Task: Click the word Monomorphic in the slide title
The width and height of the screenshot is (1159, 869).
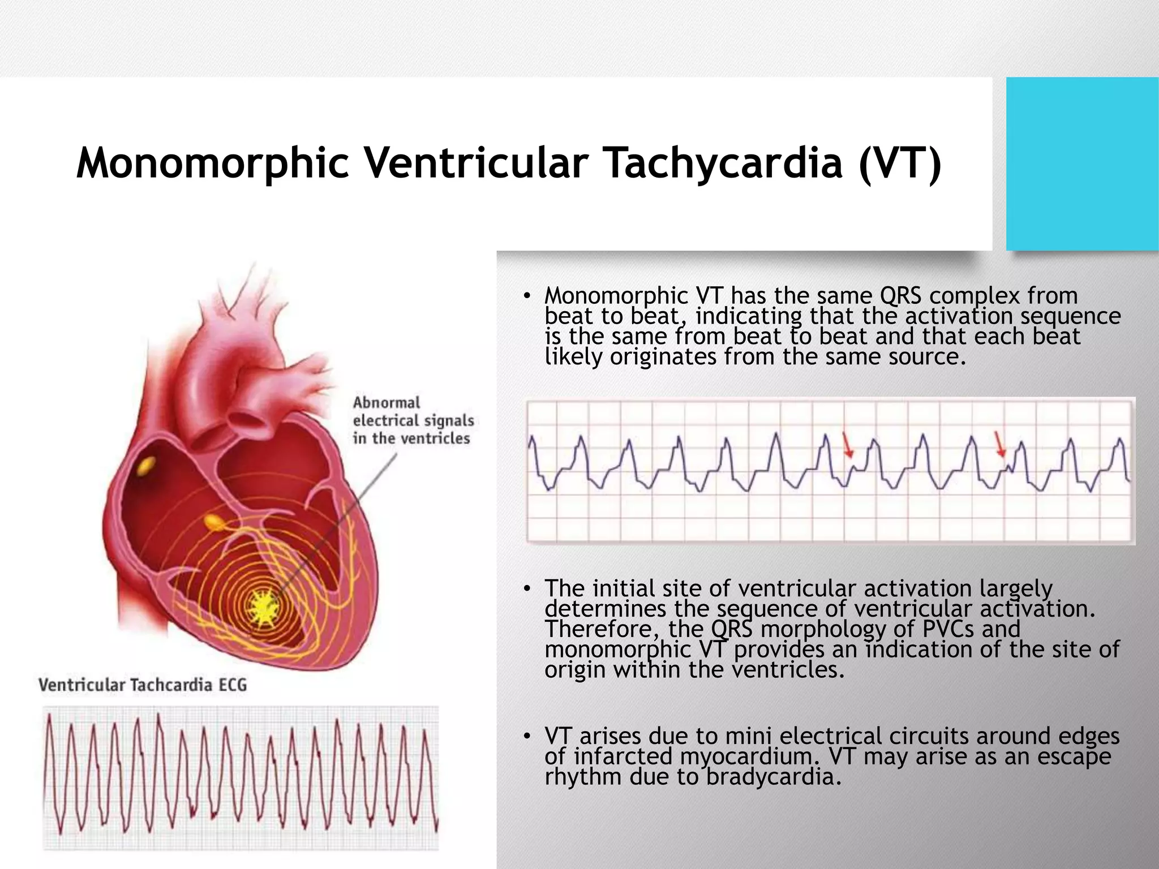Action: (212, 163)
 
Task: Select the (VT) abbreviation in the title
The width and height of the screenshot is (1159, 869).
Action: (900, 163)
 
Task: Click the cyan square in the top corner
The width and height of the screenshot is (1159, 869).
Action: (1082, 164)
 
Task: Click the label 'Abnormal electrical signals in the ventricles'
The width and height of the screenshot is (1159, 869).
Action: (413, 420)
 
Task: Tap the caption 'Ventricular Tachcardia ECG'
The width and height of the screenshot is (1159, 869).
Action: (143, 685)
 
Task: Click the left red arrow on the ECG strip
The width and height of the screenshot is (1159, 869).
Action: (847, 445)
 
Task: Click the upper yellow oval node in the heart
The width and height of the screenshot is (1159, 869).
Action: (146, 466)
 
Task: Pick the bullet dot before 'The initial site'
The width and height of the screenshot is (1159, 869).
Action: (526, 590)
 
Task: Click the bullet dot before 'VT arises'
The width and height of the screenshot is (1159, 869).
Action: (526, 736)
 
